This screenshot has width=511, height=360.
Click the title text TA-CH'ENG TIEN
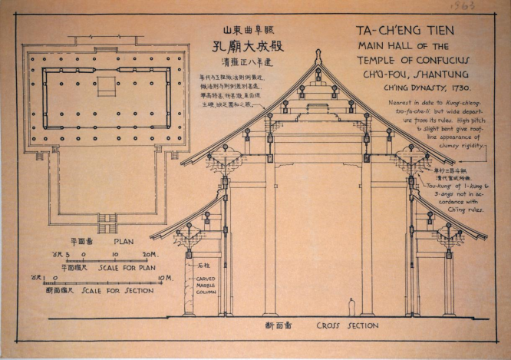point(404,31)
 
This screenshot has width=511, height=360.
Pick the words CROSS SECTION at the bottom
point(348,325)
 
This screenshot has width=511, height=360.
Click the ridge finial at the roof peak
point(318,58)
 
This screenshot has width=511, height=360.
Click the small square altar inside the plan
point(107,81)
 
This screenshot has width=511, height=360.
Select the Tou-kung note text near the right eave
point(460,197)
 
